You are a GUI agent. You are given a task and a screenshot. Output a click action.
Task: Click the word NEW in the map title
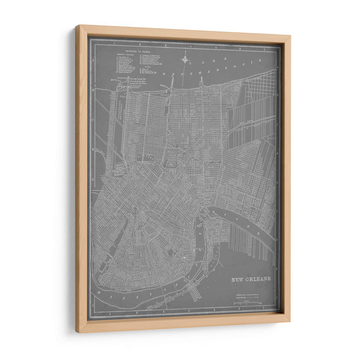pos(238,279)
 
